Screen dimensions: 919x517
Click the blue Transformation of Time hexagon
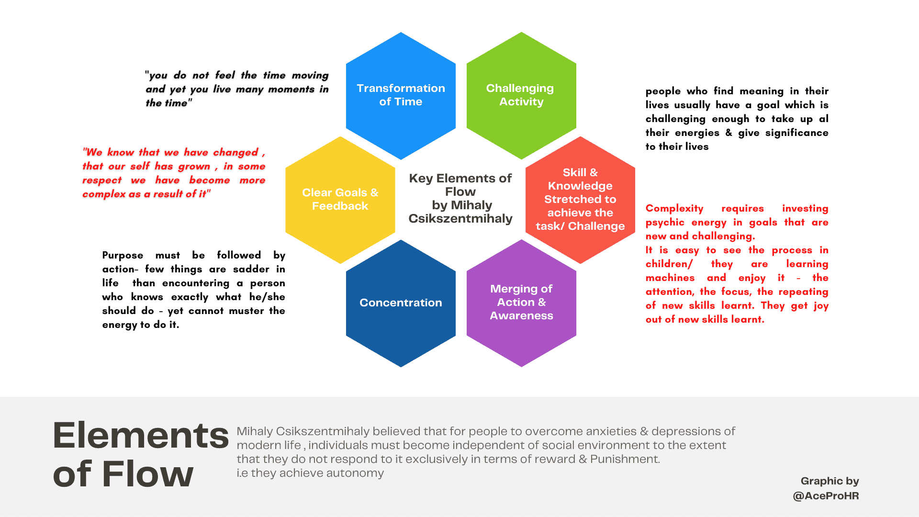[401, 96]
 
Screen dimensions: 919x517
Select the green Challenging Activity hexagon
[521, 96]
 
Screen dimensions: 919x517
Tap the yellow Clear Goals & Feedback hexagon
[340, 200]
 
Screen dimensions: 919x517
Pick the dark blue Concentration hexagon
[401, 303]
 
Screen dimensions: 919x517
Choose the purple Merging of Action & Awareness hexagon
[521, 303]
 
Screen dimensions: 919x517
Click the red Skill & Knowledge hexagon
[580, 200]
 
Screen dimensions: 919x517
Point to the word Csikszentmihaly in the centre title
[460, 219]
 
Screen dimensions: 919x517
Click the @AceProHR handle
[826, 496]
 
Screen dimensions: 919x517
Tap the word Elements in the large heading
[141, 436]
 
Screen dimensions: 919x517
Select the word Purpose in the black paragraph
[123, 255]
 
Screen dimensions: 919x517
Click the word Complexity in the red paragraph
[674, 209]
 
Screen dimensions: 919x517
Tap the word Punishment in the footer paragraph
[625, 459]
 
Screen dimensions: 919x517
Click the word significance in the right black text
[796, 133]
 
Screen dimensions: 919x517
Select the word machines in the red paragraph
[670, 278]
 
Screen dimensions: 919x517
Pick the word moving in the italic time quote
[310, 76]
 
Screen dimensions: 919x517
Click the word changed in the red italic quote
[235, 152]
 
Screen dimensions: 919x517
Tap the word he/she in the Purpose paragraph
[267, 297]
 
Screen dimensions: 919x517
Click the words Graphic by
[829, 481]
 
